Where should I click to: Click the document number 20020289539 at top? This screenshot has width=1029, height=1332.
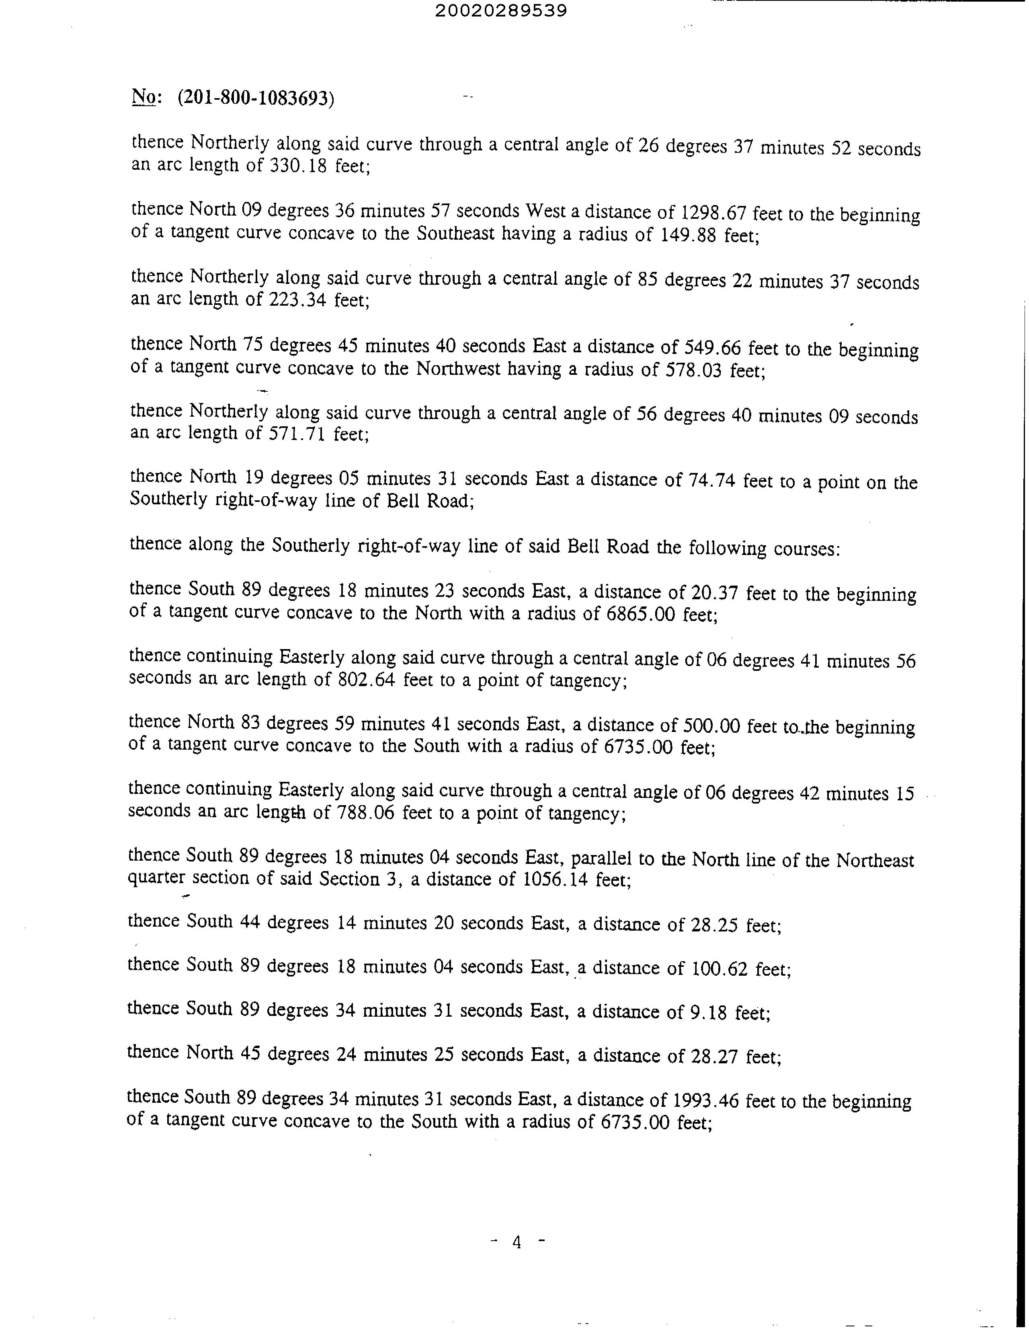pos(501,11)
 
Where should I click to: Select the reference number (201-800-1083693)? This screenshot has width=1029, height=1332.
pos(256,98)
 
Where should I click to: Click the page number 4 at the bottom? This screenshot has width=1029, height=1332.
pos(517,1242)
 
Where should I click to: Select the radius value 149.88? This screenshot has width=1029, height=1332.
pos(688,235)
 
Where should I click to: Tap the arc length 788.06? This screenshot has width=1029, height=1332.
pos(365,813)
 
